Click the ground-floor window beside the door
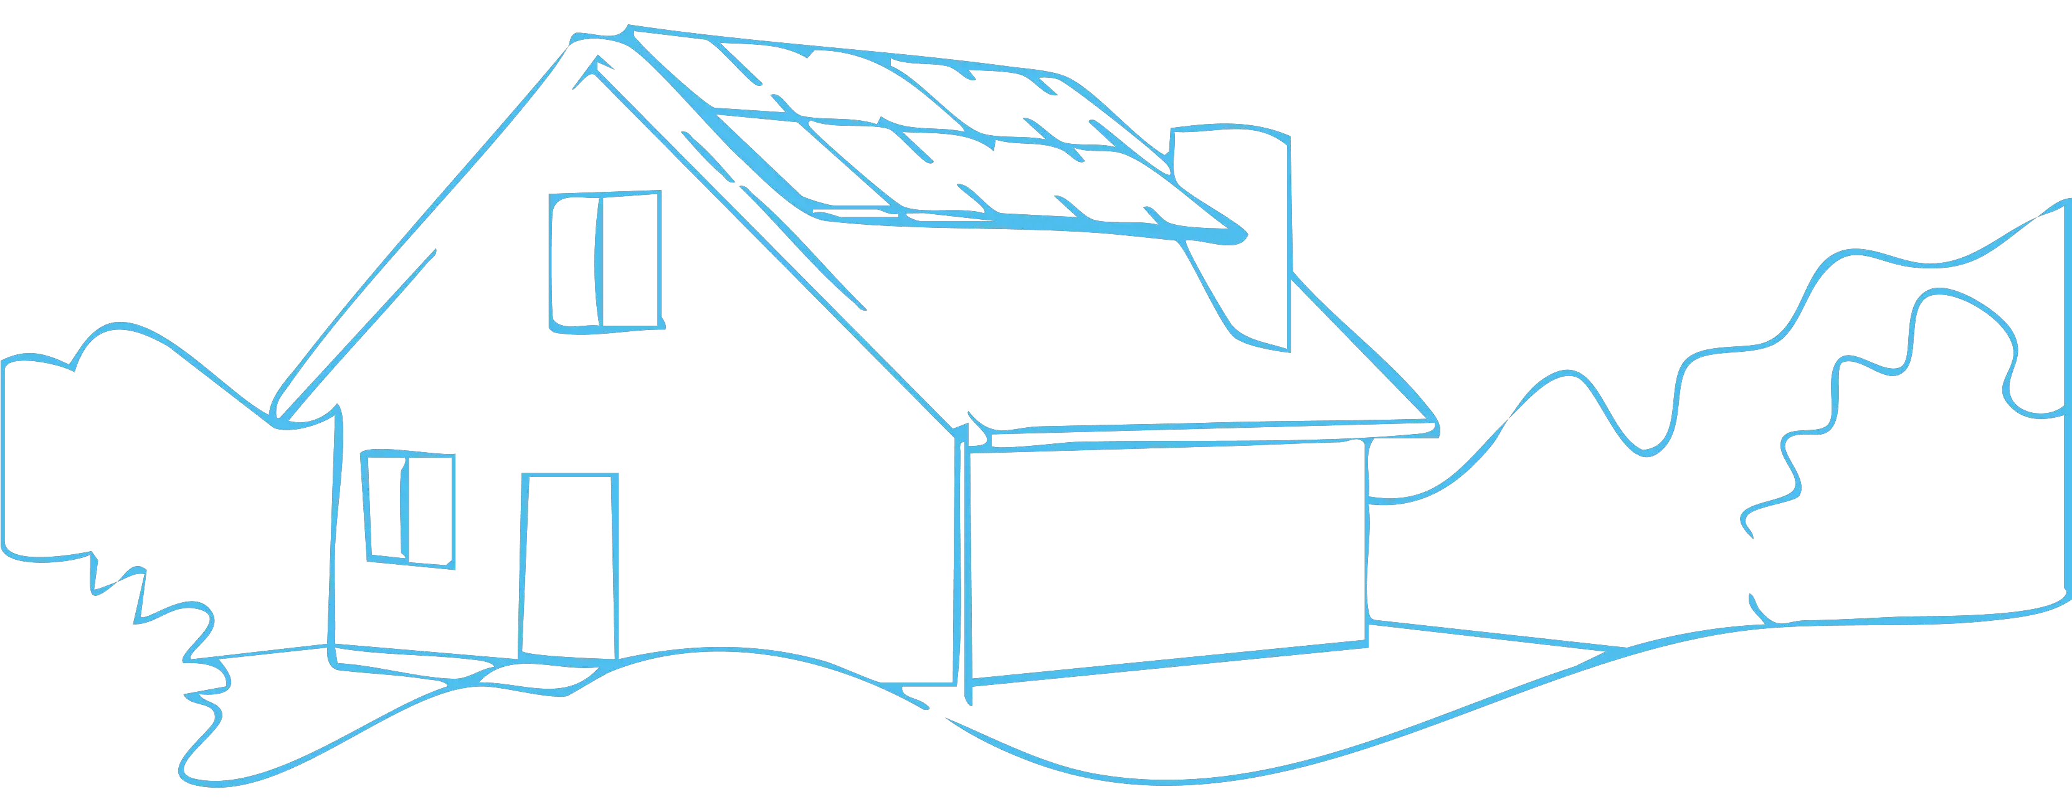(410, 508)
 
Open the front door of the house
(569, 566)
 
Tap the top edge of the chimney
(1230, 130)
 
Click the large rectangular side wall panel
(1166, 555)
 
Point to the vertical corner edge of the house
(959, 563)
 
